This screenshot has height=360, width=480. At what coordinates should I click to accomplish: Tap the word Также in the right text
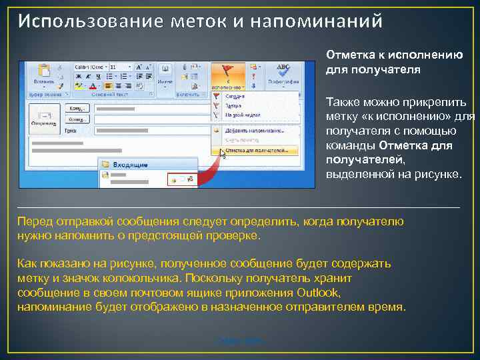(x=341, y=101)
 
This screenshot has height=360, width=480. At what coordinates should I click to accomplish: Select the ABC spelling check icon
(x=283, y=69)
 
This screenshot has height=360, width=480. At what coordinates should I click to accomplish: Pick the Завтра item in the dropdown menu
(x=233, y=106)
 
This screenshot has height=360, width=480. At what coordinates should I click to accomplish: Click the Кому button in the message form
(x=77, y=109)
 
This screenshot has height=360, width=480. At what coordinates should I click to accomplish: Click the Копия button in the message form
(x=77, y=120)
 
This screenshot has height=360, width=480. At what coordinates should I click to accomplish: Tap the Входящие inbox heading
(x=127, y=163)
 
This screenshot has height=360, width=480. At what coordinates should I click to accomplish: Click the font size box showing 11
(x=114, y=67)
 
